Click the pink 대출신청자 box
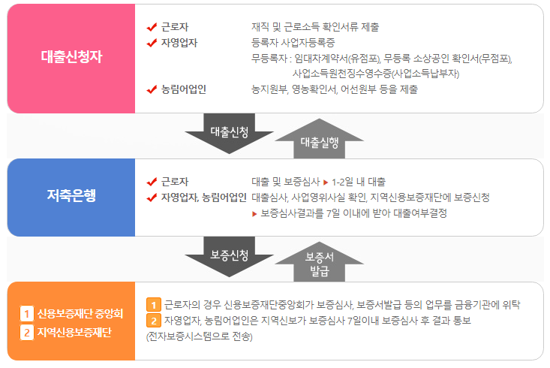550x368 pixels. click(x=71, y=58)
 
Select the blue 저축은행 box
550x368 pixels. click(x=71, y=198)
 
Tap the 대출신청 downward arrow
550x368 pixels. click(x=230, y=134)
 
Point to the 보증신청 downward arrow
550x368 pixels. click(x=230, y=256)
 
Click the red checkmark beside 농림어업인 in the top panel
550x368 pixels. click(x=152, y=90)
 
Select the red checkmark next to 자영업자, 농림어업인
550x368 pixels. click(x=152, y=198)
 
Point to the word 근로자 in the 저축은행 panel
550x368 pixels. click(x=175, y=182)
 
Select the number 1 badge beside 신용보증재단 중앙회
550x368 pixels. click(x=26, y=313)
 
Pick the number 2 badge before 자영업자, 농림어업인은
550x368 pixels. click(x=153, y=321)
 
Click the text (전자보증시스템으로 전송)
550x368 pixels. click(x=200, y=336)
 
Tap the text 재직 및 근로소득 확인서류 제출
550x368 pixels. click(x=315, y=27)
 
